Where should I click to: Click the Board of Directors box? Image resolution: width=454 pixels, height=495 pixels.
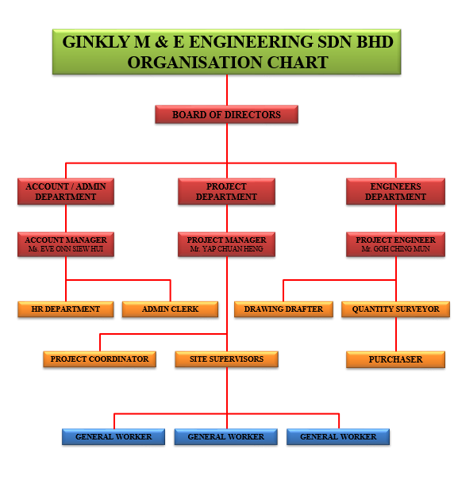pos(226,114)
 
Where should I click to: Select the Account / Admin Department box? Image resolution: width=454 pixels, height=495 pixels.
pos(66,191)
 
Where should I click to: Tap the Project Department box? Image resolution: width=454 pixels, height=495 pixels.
pos(226,191)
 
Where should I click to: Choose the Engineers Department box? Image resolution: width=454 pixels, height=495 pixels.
pos(395,191)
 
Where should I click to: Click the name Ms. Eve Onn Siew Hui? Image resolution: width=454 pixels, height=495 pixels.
pos(66,249)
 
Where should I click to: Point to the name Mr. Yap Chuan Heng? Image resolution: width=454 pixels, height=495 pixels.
pos(226,249)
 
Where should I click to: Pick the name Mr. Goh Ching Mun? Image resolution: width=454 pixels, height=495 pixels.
pos(395,249)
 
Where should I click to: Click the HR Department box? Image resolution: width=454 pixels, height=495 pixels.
pos(66,309)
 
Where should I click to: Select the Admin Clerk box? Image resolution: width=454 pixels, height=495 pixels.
pos(170,309)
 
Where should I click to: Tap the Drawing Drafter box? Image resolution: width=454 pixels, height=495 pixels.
pos(283,309)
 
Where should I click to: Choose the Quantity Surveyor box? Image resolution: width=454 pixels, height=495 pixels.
pos(395,309)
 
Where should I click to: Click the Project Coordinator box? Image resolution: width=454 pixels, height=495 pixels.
pos(99,359)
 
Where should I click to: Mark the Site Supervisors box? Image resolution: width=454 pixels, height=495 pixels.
pos(226,359)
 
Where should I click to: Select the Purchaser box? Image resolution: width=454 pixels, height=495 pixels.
pos(395,359)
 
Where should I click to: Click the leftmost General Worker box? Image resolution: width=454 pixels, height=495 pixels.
pos(113,436)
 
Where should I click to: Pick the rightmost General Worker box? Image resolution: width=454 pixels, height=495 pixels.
pos(338,436)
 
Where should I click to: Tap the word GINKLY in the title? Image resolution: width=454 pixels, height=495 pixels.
pos(96,42)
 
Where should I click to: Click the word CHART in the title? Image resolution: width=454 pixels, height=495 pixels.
pos(298,62)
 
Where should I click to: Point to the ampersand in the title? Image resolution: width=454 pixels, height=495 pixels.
pos(161,42)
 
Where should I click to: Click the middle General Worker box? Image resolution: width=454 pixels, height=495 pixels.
pos(226,436)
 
